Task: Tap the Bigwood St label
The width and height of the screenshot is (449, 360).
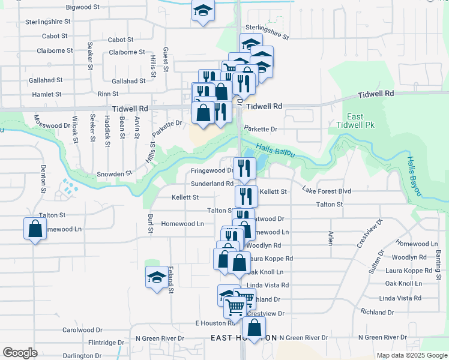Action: click(82, 7)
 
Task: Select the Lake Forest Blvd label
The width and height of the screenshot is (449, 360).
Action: click(326, 191)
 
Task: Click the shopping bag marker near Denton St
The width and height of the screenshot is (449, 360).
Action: click(35, 228)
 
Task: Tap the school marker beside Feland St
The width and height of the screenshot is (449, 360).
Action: click(157, 277)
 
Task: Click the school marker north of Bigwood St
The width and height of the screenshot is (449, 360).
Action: click(203, 10)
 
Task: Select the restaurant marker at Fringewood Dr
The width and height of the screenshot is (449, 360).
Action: click(244, 168)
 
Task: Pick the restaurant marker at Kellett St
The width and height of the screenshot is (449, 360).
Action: click(246, 196)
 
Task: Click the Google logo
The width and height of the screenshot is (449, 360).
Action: click(20, 352)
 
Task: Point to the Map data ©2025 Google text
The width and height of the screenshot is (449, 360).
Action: click(411, 355)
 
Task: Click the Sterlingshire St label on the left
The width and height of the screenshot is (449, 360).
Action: click(48, 21)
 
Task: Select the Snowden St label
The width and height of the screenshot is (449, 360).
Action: click(114, 173)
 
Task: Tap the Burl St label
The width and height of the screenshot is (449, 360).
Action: click(151, 223)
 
